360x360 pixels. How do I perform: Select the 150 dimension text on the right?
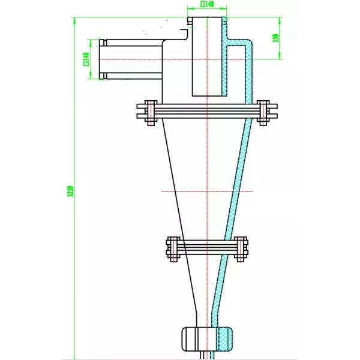click(x=275, y=37)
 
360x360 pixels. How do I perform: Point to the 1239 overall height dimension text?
click(x=70, y=191)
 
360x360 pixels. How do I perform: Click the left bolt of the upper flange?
click(x=150, y=112)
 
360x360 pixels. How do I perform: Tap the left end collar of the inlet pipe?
click(x=103, y=59)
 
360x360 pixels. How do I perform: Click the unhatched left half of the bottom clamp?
click(x=193, y=337)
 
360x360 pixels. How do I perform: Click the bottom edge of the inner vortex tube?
click(x=208, y=96)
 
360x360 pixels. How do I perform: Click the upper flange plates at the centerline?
click(x=208, y=112)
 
